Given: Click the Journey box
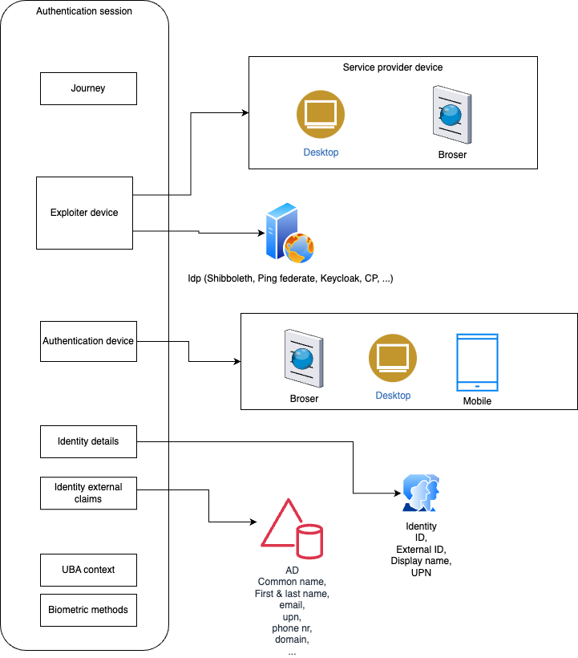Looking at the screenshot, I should pyautogui.click(x=88, y=88).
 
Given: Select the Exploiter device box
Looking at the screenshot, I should pyautogui.click(x=84, y=213).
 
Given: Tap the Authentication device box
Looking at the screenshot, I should pyautogui.click(x=88, y=341).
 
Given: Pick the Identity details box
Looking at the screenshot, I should pyautogui.click(x=88, y=441).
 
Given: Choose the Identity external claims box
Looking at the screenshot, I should pyautogui.click(x=88, y=493).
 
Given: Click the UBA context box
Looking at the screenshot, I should pyautogui.click(x=88, y=570).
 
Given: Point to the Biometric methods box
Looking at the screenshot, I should pyautogui.click(x=88, y=610).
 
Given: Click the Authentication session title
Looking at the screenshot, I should pyautogui.click(x=84, y=11).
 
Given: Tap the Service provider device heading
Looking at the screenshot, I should pyautogui.click(x=393, y=67).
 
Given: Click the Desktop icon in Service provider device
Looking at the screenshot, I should pyautogui.click(x=321, y=114).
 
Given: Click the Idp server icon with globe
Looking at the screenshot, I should pyautogui.click(x=289, y=234).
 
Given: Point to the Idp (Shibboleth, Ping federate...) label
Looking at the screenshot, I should pyautogui.click(x=290, y=278).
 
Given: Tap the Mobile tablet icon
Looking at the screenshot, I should pyautogui.click(x=477, y=362).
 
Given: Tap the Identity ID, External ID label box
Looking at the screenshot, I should pyautogui.click(x=422, y=550).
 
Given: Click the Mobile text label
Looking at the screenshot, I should pyautogui.click(x=477, y=401).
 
